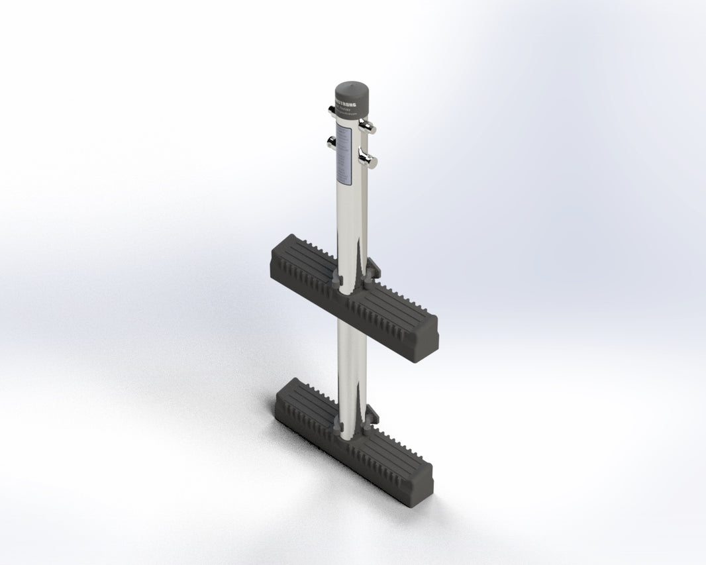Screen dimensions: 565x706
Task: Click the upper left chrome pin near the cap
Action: coord(331,111)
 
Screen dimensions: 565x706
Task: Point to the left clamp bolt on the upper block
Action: coord(338,282)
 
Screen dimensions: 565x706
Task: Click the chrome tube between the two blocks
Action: coord(351,351)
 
